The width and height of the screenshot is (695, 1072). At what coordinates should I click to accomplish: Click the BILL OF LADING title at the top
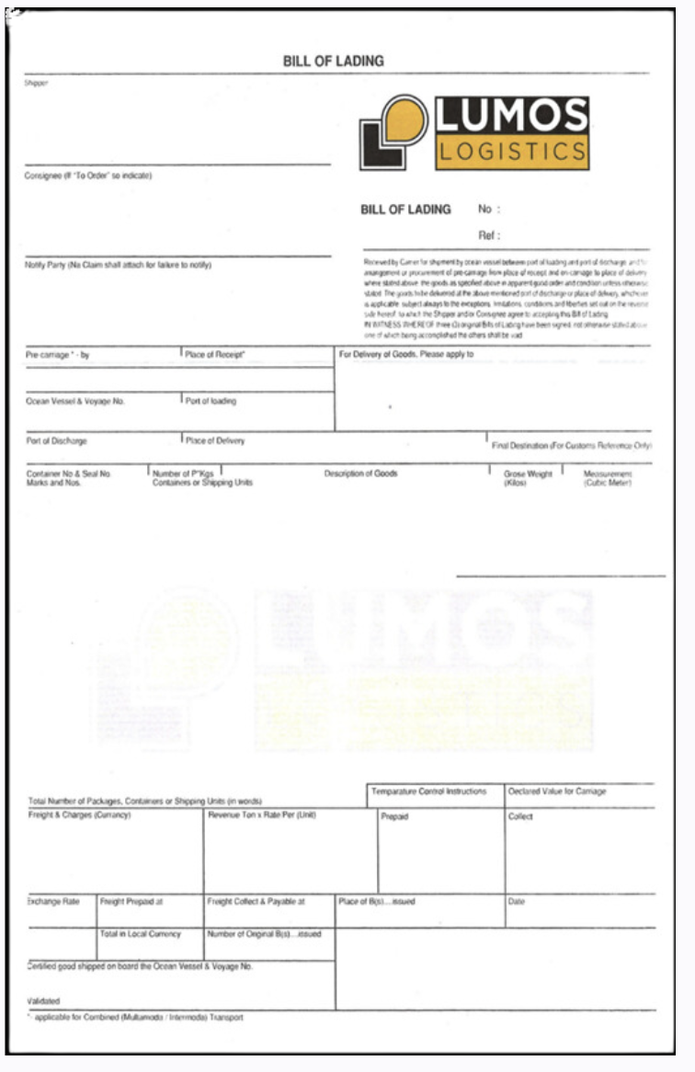(x=334, y=62)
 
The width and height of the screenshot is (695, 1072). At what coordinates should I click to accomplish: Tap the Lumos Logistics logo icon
(x=393, y=133)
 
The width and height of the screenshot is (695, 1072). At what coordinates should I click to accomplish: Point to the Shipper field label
(x=36, y=84)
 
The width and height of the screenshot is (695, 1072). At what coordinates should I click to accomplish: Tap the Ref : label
(x=489, y=235)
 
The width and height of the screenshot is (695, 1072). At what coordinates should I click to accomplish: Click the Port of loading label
(x=211, y=401)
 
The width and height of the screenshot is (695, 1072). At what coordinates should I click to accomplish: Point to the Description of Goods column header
(x=360, y=473)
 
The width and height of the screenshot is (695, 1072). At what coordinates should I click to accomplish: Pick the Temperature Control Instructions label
(x=428, y=792)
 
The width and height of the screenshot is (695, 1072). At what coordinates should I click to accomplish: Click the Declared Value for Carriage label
(x=557, y=792)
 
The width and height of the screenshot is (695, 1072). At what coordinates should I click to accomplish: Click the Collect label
(x=520, y=816)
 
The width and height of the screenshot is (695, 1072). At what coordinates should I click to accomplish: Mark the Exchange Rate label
(x=54, y=902)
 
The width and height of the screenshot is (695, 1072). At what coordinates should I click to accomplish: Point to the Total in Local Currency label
(x=141, y=934)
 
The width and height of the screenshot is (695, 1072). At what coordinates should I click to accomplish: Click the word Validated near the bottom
(x=44, y=1000)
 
